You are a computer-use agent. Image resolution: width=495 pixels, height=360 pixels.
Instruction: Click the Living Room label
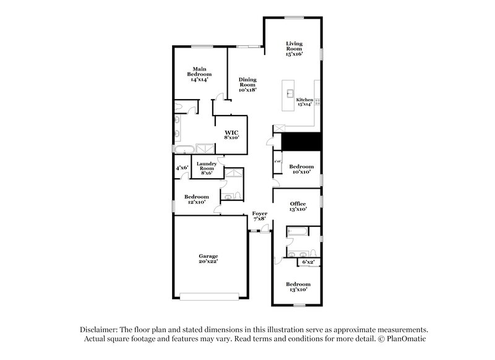[x=294, y=49]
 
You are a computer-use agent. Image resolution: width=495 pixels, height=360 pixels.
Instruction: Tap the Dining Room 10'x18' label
[x=247, y=84]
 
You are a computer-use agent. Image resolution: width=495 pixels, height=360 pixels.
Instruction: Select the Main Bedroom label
[x=199, y=74]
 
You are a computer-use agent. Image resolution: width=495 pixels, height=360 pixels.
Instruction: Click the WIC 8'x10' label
[x=231, y=134]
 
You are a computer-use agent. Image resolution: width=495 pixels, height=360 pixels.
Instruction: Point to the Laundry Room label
[x=206, y=168]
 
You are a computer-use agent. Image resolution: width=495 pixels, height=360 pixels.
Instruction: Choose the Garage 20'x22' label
[x=208, y=259]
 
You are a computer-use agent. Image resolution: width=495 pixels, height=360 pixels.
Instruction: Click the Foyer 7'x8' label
[x=259, y=216]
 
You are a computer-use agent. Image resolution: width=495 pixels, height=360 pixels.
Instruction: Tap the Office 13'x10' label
[x=298, y=207]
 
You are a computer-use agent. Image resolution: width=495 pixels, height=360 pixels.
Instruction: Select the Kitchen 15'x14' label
[x=304, y=102]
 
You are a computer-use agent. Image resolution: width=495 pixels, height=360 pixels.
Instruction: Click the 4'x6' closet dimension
[x=181, y=168]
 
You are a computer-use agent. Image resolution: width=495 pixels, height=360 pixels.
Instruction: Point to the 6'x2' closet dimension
[x=308, y=262]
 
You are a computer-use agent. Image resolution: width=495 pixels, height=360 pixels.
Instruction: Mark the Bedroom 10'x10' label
[x=301, y=169]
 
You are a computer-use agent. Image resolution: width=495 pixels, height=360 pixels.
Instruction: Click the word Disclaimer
[x=103, y=330]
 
